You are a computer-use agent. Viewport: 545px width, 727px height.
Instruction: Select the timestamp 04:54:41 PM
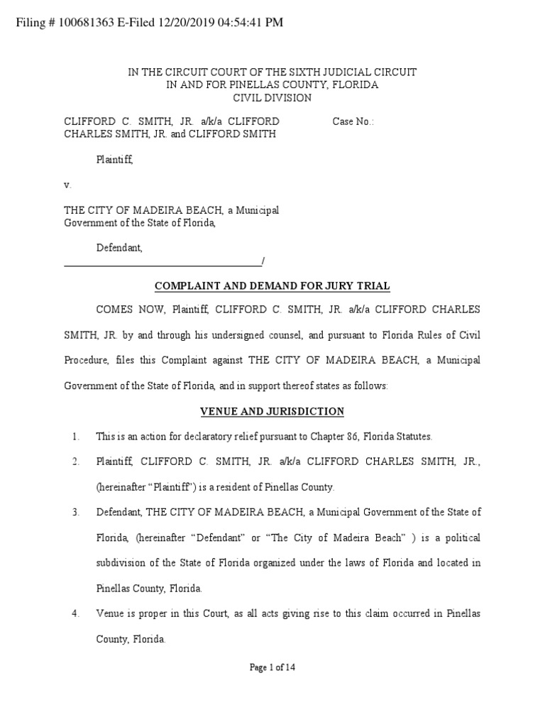[x=243, y=23]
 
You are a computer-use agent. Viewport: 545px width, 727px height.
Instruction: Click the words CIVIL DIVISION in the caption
[x=272, y=98]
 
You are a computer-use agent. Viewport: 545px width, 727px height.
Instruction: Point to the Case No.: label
[x=353, y=121]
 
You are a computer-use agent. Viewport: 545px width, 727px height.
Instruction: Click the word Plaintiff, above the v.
[x=115, y=160]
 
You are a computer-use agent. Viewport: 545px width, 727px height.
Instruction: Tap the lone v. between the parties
[x=68, y=185]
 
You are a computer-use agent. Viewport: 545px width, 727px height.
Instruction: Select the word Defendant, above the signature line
[x=119, y=248]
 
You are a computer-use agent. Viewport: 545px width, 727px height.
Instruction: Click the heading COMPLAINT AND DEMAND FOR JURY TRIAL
[x=272, y=286]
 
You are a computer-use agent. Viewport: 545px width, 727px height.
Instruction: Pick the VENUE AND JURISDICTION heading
[x=272, y=411]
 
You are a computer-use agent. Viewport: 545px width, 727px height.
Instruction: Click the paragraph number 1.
[x=75, y=436]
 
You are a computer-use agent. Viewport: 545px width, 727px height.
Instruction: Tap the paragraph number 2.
[x=75, y=461]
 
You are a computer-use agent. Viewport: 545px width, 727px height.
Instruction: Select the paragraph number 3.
[x=75, y=513]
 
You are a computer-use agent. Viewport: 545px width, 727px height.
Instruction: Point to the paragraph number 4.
[x=75, y=613]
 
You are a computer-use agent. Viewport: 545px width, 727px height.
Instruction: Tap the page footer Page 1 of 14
[x=272, y=667]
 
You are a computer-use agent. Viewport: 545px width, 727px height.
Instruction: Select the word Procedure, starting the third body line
[x=87, y=360]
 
